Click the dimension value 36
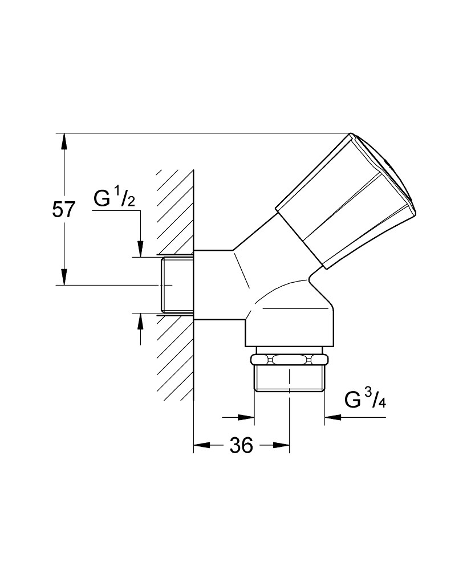pos(241,445)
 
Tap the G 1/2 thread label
pos(114,199)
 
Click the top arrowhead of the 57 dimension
pos(64,141)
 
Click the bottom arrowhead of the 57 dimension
pos(64,277)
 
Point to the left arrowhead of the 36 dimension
pos(202,445)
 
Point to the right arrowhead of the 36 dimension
pos(281,445)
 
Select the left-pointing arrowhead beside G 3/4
pos(333,417)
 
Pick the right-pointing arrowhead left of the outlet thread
pos(246,417)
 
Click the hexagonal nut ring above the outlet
pos(290,360)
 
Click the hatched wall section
pos(175,286)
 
